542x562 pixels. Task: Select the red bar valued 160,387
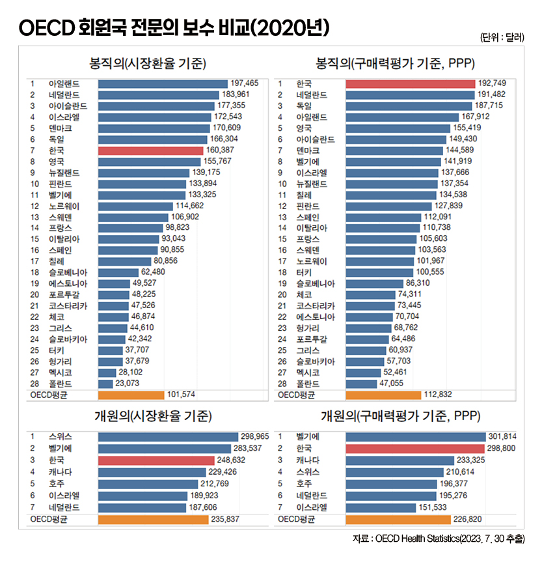152,150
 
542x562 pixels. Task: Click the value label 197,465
245,83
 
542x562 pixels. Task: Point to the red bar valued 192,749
410,83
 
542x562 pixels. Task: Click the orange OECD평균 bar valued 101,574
131,394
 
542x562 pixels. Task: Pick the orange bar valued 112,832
383,394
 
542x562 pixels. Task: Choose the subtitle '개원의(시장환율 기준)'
148,417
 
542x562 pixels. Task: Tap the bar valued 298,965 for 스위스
168,436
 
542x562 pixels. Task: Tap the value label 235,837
225,519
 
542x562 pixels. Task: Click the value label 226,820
467,519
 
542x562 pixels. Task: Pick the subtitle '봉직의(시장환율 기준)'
148,64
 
